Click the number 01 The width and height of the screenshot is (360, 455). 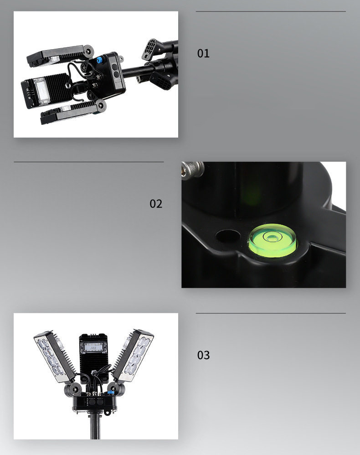tap(203, 53)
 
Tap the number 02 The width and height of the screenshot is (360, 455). tap(156, 204)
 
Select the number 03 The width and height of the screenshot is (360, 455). tap(203, 355)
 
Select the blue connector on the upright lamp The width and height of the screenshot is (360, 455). tap(110, 393)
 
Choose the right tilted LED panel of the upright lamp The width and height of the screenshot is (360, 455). tap(133, 355)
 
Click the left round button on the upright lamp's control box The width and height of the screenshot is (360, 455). tap(93, 403)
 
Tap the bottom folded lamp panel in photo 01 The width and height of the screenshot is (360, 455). tap(72, 112)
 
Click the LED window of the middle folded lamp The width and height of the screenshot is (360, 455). tap(41, 91)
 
